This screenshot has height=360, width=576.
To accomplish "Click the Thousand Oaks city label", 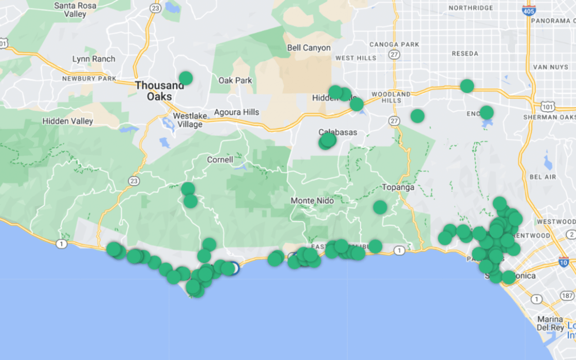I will pos(160,90).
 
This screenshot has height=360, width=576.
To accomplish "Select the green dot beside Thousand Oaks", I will pos(185,78).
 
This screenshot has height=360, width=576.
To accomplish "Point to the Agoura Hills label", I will pos(236,112).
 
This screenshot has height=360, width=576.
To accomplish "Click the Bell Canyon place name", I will pos(309,48).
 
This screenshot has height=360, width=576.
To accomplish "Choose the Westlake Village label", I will pos(190,120).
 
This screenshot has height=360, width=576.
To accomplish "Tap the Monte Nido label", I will pos(312,200).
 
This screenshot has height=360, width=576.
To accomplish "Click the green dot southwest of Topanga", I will pos(380,207).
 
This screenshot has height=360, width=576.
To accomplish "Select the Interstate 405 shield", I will pos(529,9).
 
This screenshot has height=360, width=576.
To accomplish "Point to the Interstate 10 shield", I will pos(563,261).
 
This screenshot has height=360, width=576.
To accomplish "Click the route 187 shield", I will pos(568,296).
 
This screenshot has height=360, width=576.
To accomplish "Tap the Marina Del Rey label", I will pos(550,323).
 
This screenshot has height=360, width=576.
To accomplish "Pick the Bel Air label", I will pos(543,177).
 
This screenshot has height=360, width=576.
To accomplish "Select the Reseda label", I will pos(465,54).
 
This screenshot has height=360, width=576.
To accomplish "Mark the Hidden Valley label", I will pos(67,121).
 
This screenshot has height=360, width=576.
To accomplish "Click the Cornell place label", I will pos(220,160).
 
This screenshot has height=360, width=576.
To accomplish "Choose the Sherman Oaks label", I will pos(549,117).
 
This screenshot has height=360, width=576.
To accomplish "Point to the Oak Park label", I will pos(235,81).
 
